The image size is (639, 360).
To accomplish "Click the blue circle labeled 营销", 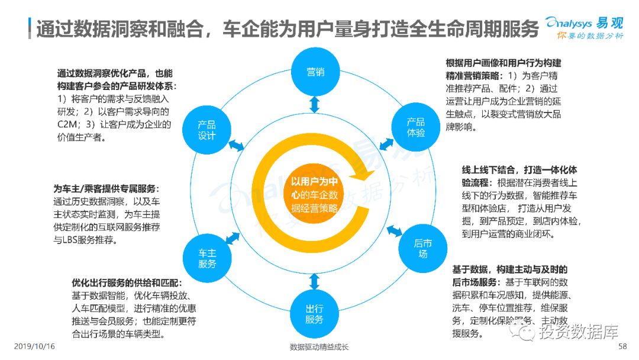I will [315, 72].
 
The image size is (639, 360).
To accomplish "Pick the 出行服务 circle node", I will [314, 313].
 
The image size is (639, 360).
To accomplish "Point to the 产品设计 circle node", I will [207, 130].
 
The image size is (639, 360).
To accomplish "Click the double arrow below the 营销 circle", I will [315, 105].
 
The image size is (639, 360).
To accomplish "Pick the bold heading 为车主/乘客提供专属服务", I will [107, 189].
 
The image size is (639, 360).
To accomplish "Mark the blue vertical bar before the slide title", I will [30, 27].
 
